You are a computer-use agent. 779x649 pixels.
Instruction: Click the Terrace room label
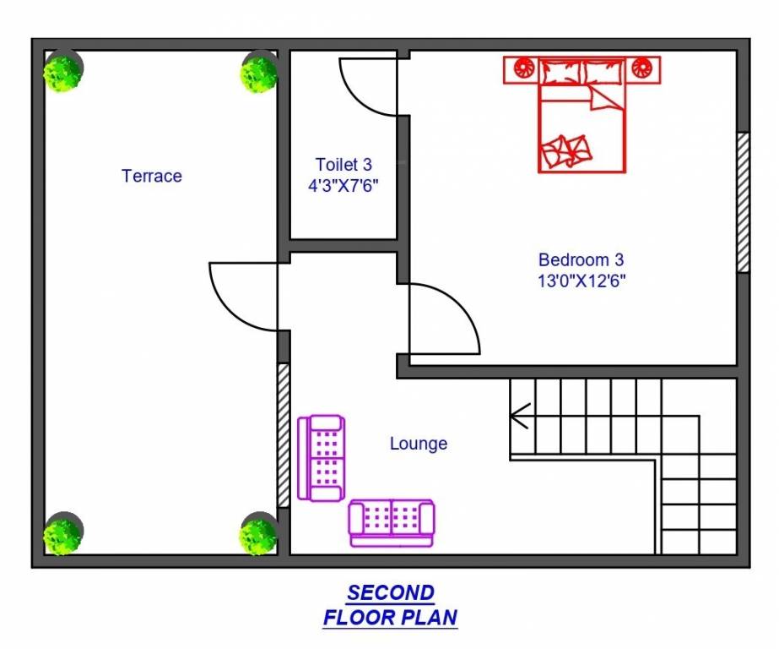point(152,176)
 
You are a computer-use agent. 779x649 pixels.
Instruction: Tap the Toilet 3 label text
point(344,164)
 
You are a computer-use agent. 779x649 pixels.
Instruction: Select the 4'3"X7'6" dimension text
point(344,185)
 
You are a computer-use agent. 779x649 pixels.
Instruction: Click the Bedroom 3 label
point(581,259)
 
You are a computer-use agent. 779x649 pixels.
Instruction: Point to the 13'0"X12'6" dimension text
point(581,281)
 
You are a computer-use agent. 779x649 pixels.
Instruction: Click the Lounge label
point(419,443)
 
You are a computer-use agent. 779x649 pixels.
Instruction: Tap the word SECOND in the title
point(391,592)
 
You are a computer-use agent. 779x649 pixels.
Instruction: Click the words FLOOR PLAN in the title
point(391,618)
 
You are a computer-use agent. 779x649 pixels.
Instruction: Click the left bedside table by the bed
point(521,69)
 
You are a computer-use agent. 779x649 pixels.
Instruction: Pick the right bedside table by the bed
point(643,69)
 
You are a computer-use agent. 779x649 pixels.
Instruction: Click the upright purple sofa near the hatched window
point(322,458)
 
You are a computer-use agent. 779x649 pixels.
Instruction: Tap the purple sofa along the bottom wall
point(392,521)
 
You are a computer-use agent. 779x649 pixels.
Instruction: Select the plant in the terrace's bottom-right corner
point(257,535)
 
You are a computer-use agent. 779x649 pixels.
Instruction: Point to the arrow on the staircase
point(520,415)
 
